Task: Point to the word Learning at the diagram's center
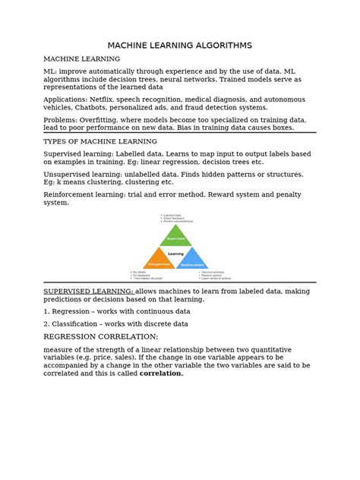click(x=180, y=254)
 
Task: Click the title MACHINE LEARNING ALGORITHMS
click(x=179, y=46)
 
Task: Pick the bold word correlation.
click(x=161, y=374)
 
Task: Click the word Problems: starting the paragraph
click(x=63, y=120)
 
